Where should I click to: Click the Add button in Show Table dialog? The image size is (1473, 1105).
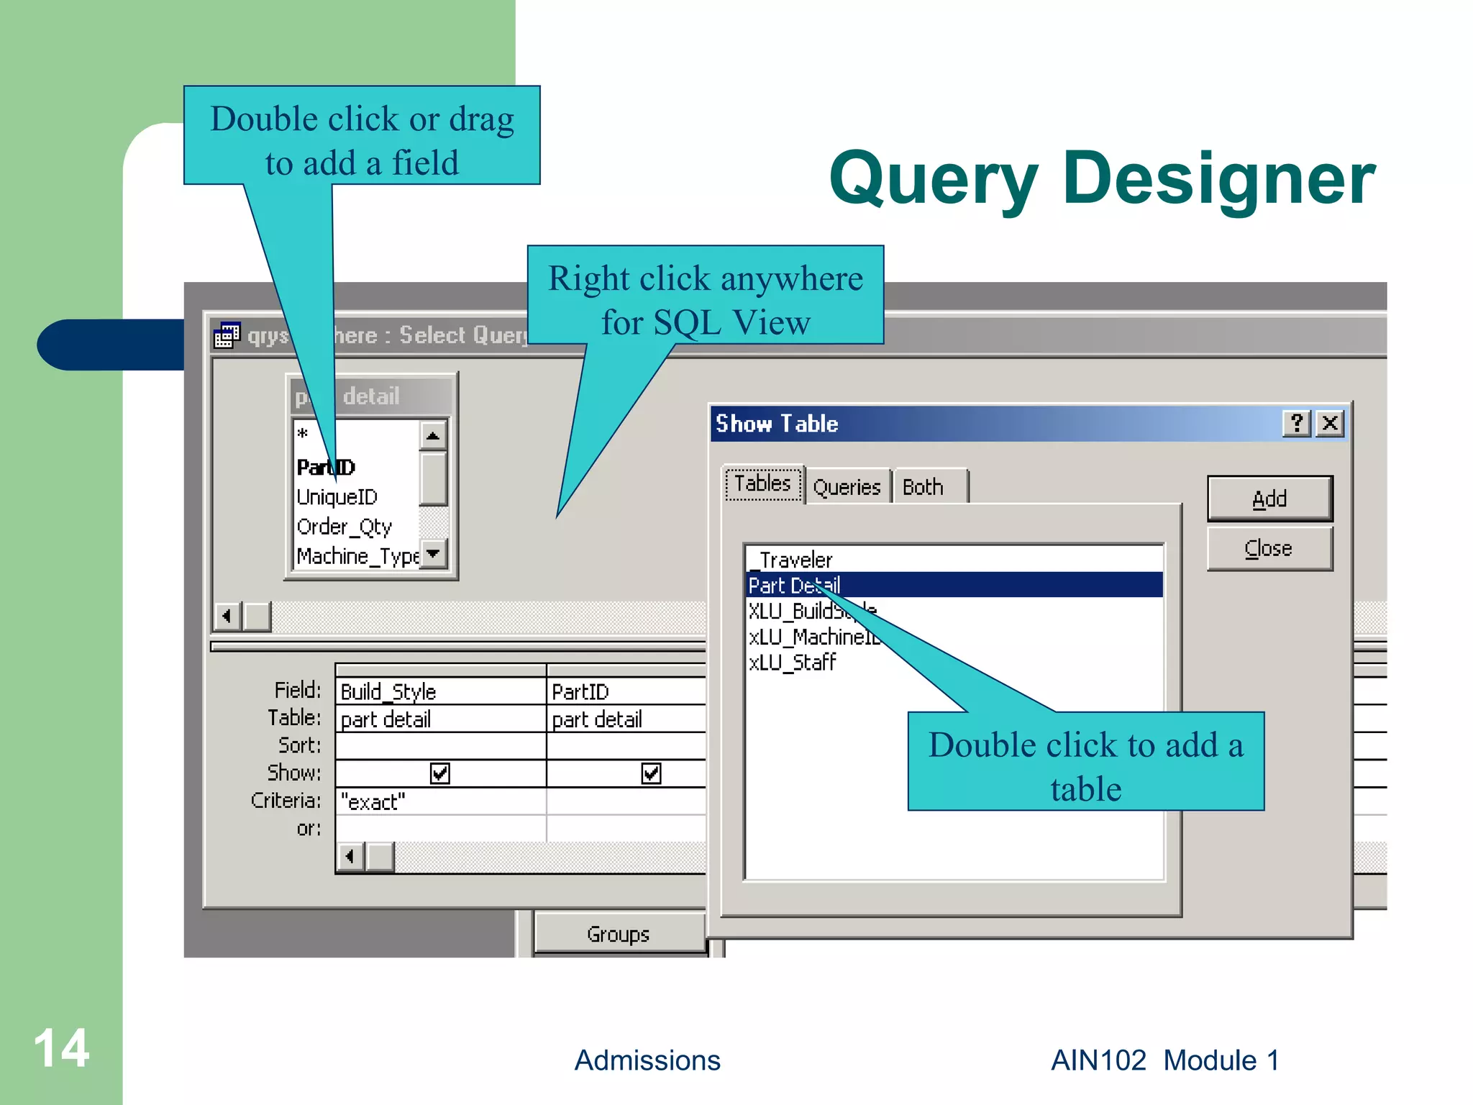click(x=1269, y=499)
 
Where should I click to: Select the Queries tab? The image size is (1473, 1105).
click(x=847, y=487)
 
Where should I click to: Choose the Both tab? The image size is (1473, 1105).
click(x=923, y=487)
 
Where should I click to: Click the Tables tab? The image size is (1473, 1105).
click(x=762, y=483)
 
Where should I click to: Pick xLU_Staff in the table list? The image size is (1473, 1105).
click(x=792, y=662)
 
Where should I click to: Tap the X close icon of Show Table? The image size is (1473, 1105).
click(x=1330, y=423)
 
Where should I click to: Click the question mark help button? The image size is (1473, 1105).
click(x=1297, y=423)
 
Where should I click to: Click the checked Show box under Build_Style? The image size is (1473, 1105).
click(x=439, y=773)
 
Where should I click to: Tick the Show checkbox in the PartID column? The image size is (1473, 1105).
click(x=651, y=773)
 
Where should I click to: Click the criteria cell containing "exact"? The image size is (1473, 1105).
click(x=439, y=801)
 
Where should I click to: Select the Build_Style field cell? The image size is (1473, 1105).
click(x=439, y=691)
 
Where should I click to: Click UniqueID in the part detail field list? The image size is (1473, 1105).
click(x=337, y=497)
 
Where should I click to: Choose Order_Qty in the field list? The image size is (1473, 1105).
click(x=344, y=527)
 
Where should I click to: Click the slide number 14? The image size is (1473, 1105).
click(x=61, y=1048)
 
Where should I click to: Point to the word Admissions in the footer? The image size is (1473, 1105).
click(x=647, y=1060)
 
